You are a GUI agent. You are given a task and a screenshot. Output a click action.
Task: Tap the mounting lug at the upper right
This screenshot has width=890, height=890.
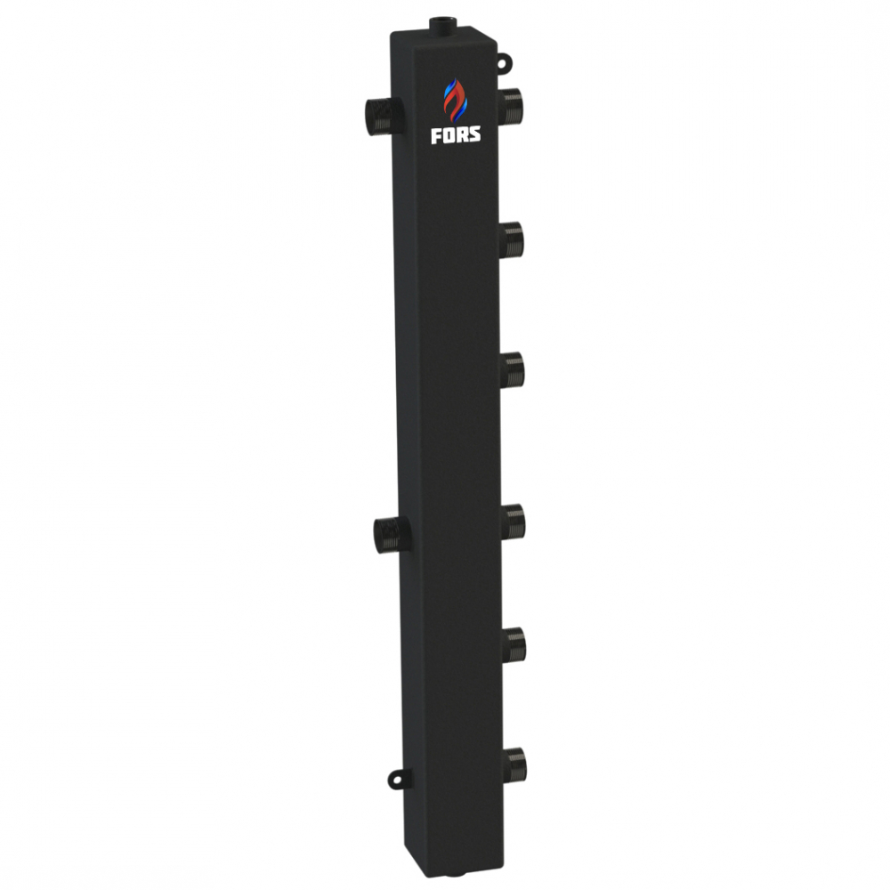coord(506,62)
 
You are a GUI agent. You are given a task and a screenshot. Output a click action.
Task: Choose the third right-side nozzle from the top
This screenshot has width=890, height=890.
coord(513,369)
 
